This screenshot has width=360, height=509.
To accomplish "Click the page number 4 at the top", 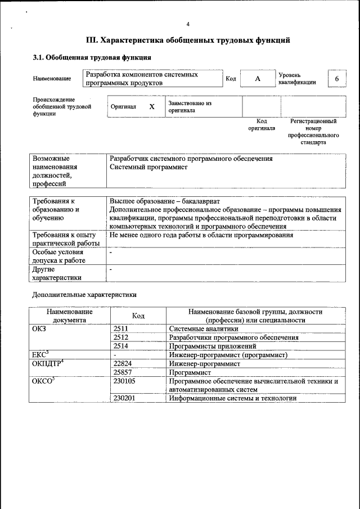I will [188, 24].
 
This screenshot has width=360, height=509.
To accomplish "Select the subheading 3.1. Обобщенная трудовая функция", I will [92, 57].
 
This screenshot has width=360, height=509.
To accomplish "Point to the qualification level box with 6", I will [336, 79].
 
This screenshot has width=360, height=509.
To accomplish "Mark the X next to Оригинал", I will [151, 106].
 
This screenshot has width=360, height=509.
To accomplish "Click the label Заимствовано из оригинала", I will [189, 107].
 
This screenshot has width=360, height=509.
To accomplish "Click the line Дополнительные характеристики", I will [84, 294].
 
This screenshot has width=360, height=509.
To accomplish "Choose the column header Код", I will [138, 316].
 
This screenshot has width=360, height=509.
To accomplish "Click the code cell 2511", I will [121, 329].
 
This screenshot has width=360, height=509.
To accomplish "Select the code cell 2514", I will [121, 346].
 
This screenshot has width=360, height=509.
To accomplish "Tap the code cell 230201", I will [124, 398].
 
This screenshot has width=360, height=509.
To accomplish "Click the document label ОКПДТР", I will [48, 364].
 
